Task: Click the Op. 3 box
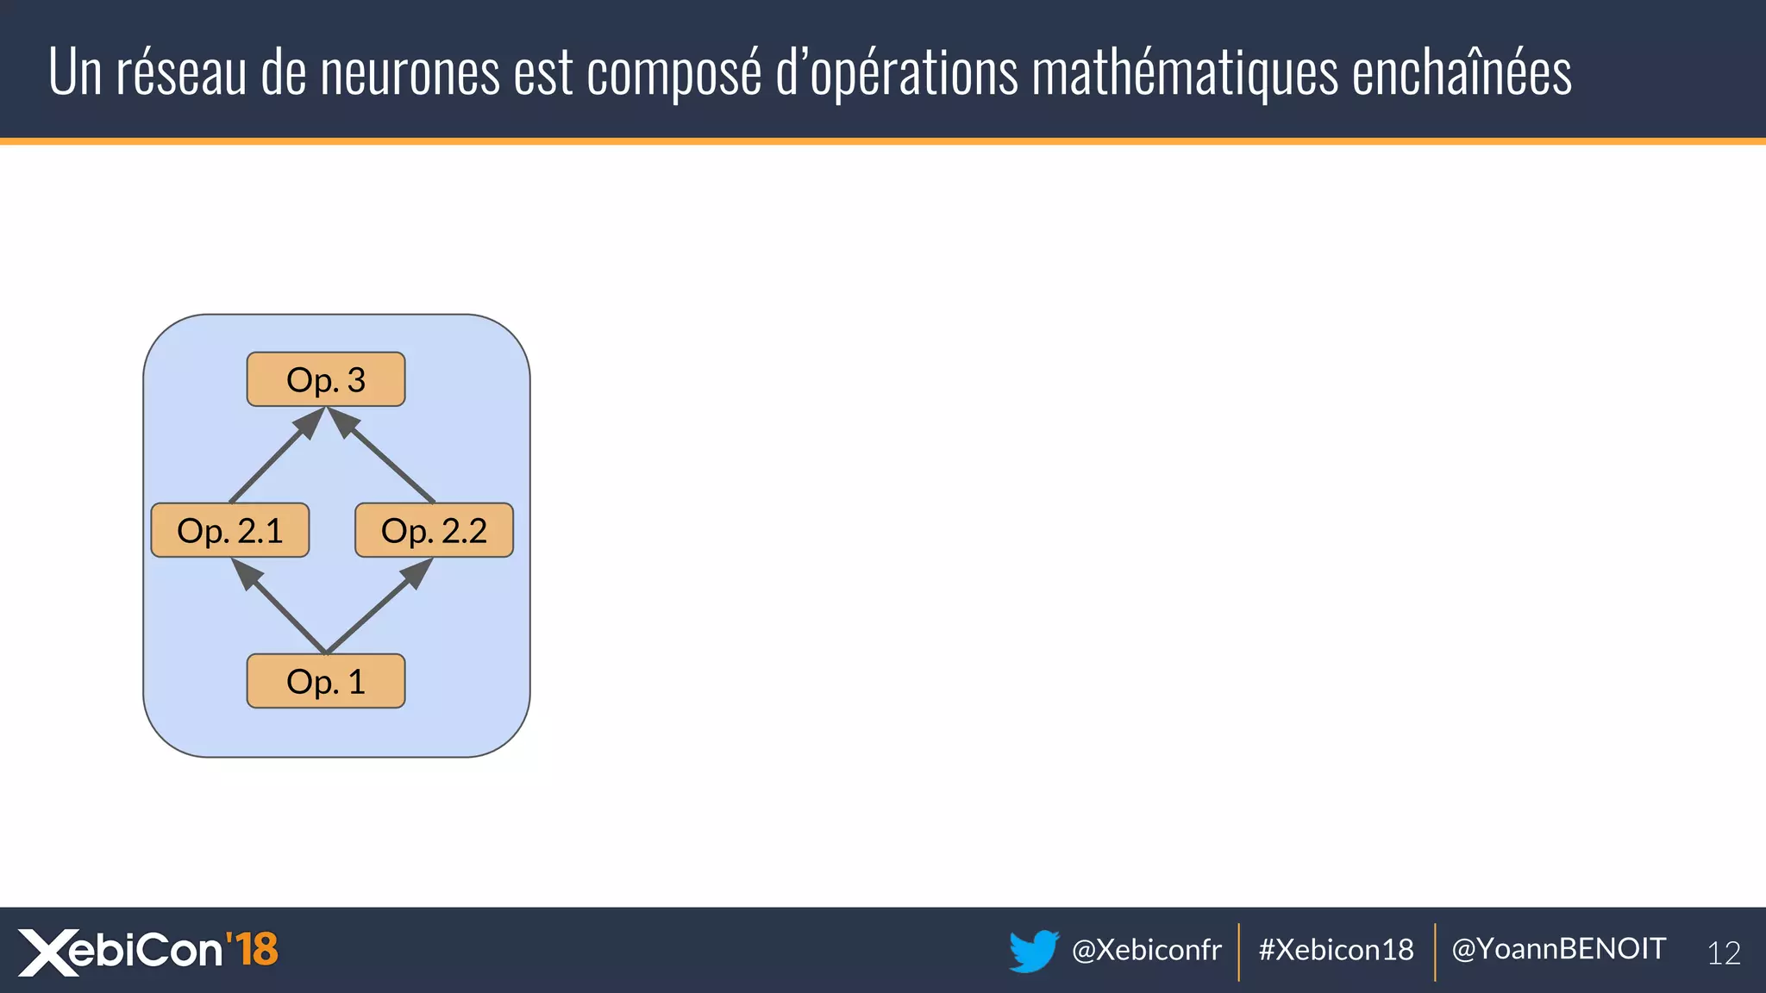point(326,379)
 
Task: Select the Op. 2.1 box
point(230,530)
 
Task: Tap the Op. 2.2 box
point(434,530)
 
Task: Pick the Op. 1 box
point(326,681)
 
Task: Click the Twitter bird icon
point(1033,950)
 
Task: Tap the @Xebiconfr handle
point(1146,950)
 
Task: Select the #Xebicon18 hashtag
point(1336,950)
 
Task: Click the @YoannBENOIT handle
point(1558,949)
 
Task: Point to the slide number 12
point(1724,952)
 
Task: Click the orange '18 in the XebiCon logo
point(252,949)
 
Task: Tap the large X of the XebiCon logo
point(47,952)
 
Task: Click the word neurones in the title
point(410,72)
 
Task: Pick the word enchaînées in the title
point(1461,72)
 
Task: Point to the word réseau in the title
point(182,72)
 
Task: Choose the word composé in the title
point(674,72)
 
